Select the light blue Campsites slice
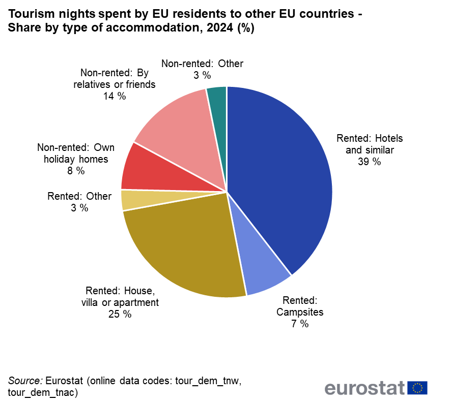click(260, 264)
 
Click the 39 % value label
click(370, 162)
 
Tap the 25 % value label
click(120, 315)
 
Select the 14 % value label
click(114, 96)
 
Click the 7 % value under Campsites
click(300, 324)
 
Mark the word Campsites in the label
click(300, 312)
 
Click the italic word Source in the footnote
click(25, 381)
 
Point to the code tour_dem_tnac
click(43, 392)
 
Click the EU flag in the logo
click(417, 388)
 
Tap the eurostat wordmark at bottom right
click(364, 388)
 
